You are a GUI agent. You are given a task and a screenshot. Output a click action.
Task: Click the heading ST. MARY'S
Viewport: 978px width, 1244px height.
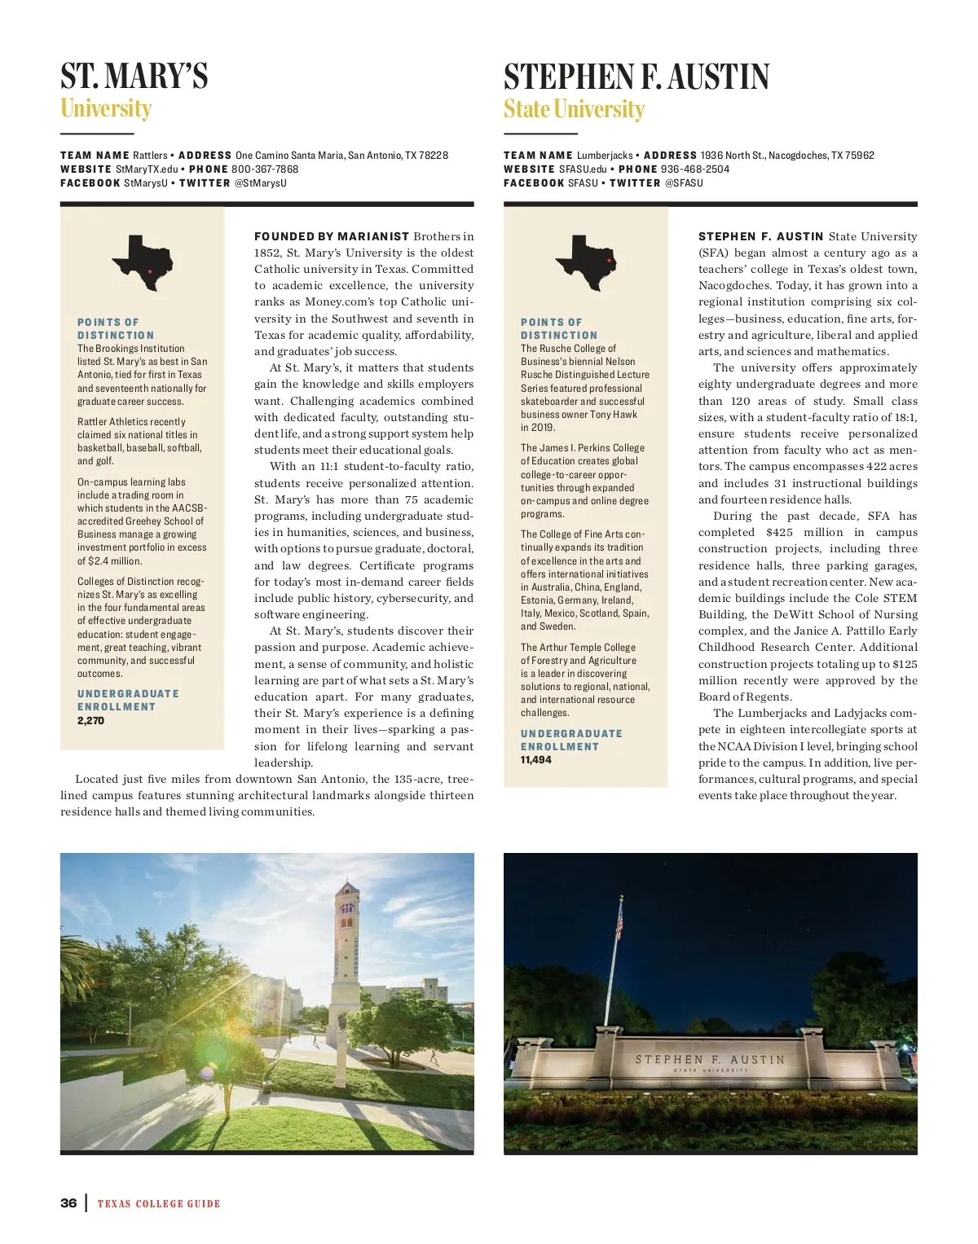coord(134,76)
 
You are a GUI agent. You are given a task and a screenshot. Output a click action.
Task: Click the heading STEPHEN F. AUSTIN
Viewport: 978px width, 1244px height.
coord(636,77)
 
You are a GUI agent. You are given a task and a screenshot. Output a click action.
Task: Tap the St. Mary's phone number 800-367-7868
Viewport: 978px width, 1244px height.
coord(265,169)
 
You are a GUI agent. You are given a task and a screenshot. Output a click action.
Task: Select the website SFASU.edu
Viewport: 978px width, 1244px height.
coord(583,169)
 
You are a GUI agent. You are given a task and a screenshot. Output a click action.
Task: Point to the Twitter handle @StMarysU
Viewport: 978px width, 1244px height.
coord(261,183)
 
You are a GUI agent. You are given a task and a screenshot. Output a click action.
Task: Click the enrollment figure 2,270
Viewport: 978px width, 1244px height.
coord(90,721)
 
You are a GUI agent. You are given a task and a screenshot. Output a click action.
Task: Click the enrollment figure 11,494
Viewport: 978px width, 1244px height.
coord(536,760)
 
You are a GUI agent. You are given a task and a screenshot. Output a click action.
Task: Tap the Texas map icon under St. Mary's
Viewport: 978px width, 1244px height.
coord(143,262)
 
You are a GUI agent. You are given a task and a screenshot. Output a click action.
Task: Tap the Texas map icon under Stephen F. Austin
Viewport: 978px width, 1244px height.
coord(585,262)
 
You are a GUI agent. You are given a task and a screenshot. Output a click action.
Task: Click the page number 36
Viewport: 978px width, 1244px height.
coord(68,1203)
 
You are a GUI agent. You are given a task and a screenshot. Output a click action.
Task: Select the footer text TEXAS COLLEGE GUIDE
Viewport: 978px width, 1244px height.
coord(159,1204)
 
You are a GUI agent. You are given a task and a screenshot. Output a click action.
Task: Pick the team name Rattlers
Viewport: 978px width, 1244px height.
coord(150,156)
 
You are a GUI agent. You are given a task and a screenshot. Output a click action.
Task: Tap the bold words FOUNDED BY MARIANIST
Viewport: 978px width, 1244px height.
coord(332,237)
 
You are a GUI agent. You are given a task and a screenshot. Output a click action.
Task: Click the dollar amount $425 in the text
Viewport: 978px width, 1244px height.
coord(779,533)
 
